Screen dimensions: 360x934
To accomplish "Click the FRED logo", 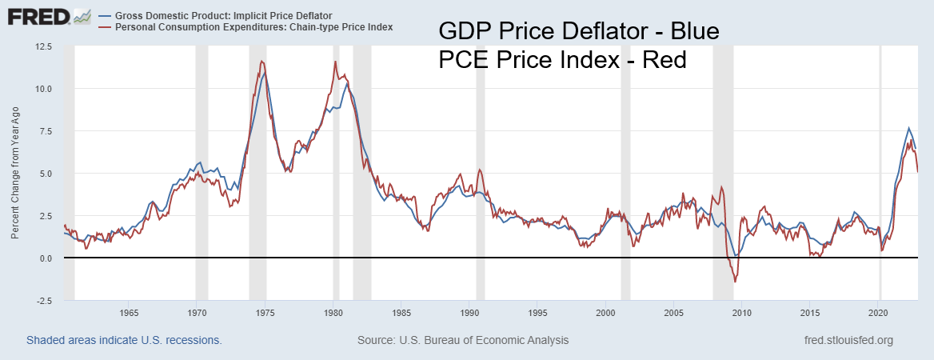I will pyautogui.click(x=38, y=15).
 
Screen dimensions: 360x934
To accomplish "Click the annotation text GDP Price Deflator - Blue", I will pyautogui.click(x=580, y=32).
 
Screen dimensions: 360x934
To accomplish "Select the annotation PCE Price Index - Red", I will pyautogui.click(x=562, y=60).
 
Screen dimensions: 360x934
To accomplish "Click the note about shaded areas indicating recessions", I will pyautogui.click(x=124, y=340).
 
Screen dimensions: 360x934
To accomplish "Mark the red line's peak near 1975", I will pyautogui.click(x=261, y=61).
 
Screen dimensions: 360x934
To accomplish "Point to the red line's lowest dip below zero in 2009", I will pyautogui.click(x=735, y=282).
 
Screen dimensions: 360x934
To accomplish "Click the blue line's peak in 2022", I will pyautogui.click(x=908, y=128).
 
